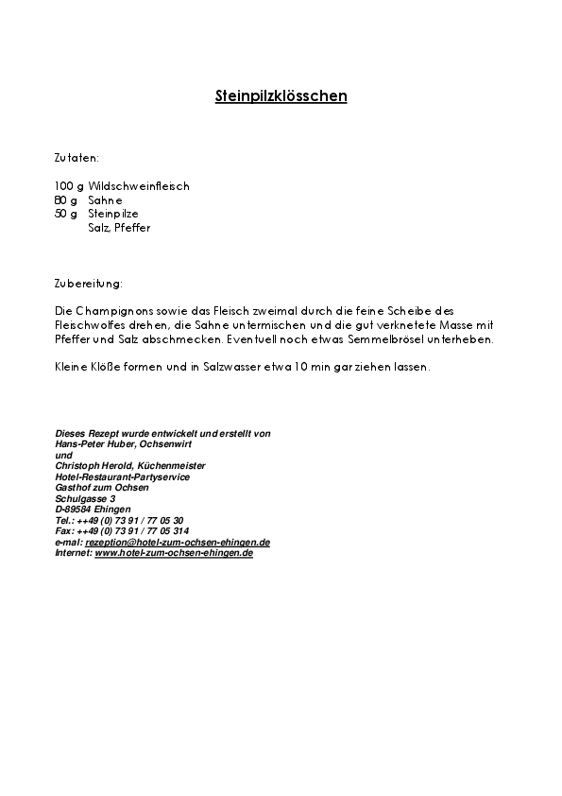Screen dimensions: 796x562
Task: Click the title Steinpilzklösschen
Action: (x=281, y=96)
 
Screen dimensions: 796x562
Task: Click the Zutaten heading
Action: (x=77, y=158)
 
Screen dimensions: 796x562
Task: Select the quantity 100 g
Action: (x=69, y=186)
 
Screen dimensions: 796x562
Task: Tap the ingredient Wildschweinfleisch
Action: (x=139, y=186)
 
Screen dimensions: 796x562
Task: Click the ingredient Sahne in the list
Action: (x=105, y=200)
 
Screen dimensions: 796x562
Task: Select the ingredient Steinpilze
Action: (x=113, y=214)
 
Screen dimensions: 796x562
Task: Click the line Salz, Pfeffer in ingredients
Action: (x=119, y=228)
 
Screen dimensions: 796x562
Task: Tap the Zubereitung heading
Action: (x=88, y=283)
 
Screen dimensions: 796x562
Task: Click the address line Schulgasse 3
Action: (x=85, y=498)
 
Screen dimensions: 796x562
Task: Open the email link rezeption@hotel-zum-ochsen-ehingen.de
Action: (x=178, y=543)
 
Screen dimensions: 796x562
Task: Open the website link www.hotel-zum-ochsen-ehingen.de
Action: (x=174, y=553)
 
